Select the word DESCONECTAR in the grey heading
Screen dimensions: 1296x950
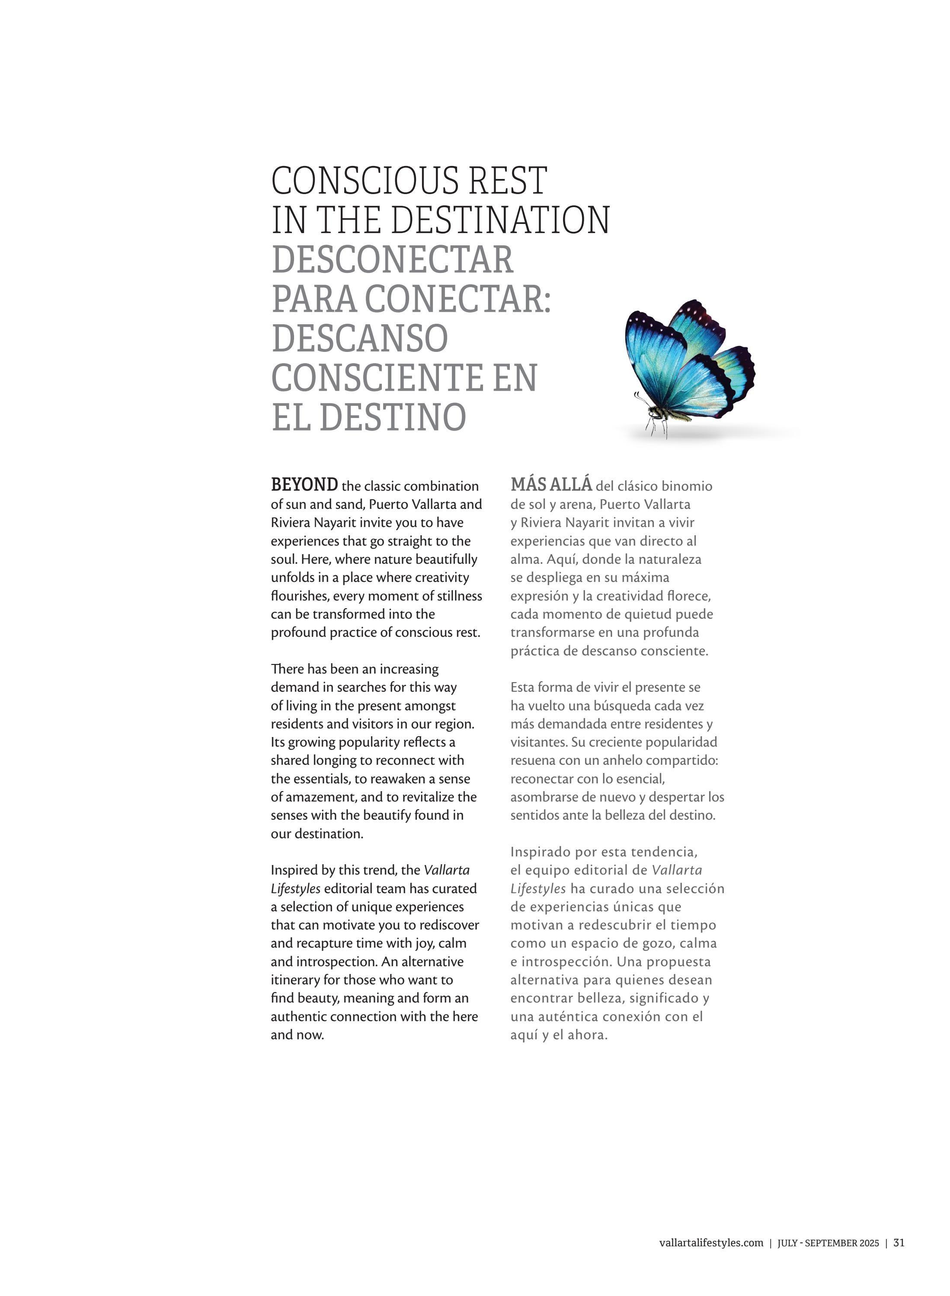[x=392, y=260]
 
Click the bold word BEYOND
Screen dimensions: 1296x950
[x=304, y=485]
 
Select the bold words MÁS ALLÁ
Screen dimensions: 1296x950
[x=551, y=485]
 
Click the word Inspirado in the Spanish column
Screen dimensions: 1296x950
[x=537, y=852]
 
